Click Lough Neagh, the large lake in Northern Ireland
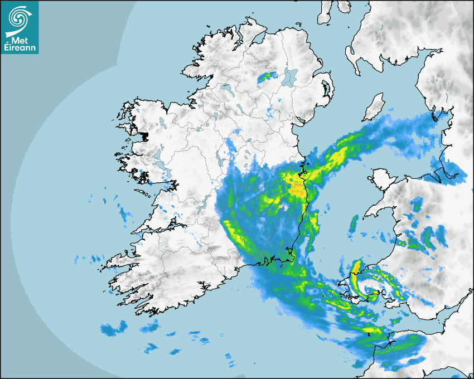pyautogui.click(x=289, y=77)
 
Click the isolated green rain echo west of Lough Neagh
pyautogui.click(x=268, y=77)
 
